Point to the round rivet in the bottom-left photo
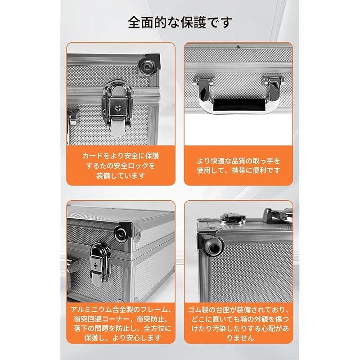[x=120, y=232]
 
